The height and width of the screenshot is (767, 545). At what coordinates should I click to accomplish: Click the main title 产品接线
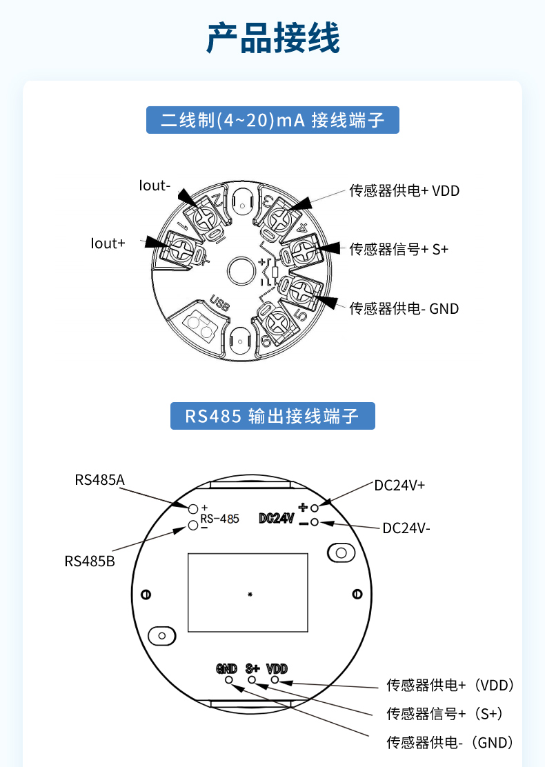(272, 38)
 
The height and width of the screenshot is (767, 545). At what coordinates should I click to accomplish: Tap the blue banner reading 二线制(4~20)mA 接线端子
(272, 120)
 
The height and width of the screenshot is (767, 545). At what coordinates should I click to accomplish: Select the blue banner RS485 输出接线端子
(272, 416)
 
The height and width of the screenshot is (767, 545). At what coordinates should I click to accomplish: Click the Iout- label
(155, 186)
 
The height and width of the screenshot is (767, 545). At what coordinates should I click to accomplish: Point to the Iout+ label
(108, 243)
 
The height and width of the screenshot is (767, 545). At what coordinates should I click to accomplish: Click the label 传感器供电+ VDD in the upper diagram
(404, 191)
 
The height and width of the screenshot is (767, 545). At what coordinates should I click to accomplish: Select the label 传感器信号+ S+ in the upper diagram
(399, 249)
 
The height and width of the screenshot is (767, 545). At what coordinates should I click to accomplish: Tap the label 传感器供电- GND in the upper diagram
(404, 308)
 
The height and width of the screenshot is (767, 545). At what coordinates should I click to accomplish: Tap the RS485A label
(100, 480)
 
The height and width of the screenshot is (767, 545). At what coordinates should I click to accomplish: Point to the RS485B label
(90, 561)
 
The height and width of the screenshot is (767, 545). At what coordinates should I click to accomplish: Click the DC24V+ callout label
(399, 486)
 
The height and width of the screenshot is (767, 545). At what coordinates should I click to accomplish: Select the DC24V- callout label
(406, 528)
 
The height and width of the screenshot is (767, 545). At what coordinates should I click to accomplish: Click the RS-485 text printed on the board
(220, 519)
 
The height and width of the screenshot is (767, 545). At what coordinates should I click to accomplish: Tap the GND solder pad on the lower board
(229, 680)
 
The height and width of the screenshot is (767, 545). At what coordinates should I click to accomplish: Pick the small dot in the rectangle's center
(250, 595)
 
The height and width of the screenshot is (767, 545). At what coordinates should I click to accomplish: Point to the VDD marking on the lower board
(277, 668)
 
